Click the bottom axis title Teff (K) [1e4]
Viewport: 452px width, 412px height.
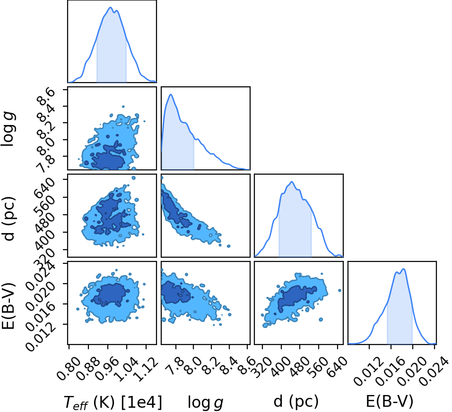[x=113, y=402]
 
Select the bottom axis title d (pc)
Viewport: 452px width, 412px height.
[x=296, y=401]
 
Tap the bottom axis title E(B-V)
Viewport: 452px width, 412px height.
[x=390, y=401]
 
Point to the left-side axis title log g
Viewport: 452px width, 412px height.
[x=8, y=129]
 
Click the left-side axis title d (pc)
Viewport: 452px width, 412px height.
[x=8, y=219]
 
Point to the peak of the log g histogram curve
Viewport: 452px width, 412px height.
[x=171, y=94]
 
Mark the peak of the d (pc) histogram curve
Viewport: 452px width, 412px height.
[x=292, y=182]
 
